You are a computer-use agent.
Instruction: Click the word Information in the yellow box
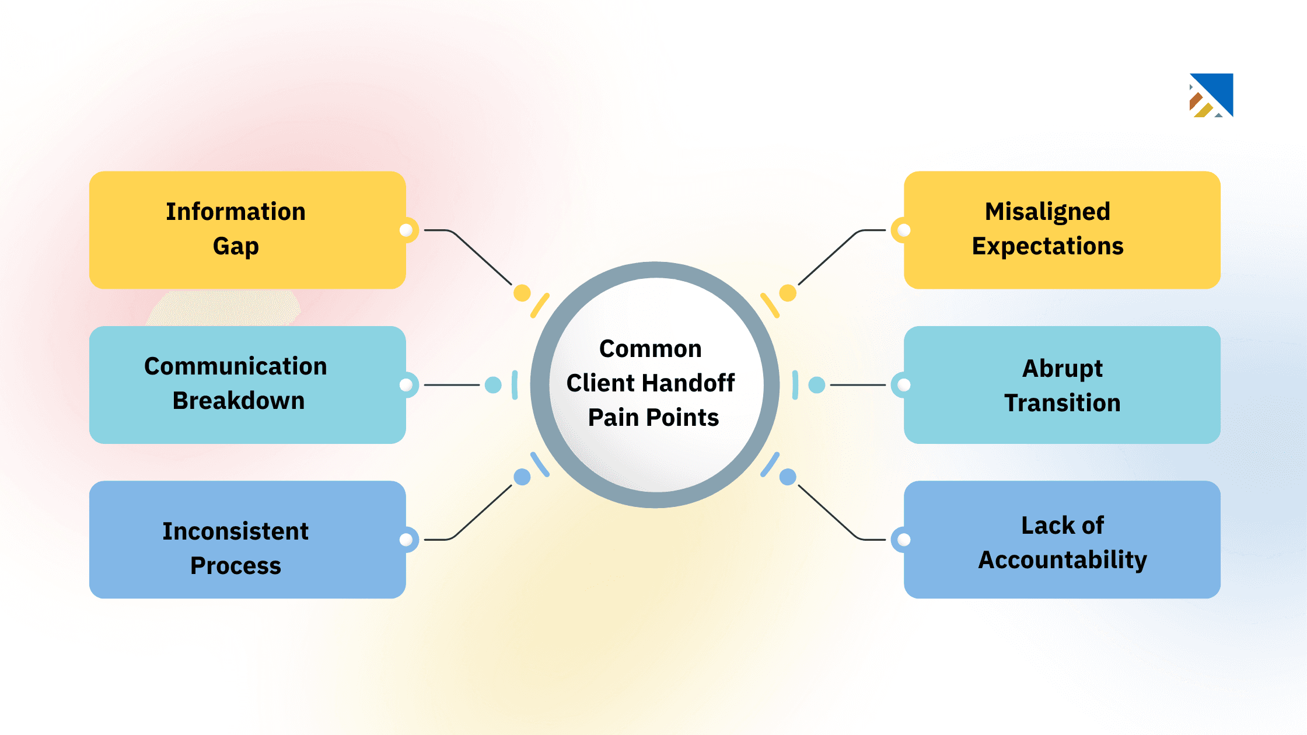pos(235,212)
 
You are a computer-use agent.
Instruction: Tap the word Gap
pos(235,246)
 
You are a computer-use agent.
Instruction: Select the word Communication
pos(235,366)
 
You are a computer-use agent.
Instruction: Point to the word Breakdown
pos(238,401)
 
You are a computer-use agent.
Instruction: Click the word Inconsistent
pos(235,531)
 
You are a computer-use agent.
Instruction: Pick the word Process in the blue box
pos(235,566)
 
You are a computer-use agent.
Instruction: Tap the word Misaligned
pos(1047,212)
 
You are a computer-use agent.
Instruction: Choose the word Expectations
pos(1047,246)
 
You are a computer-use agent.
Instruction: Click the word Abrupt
pos(1062,369)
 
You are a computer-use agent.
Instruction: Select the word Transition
pos(1062,403)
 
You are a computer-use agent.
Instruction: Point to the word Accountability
pos(1062,560)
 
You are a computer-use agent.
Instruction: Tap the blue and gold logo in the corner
pos(1211,95)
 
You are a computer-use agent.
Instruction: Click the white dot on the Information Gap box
pos(406,230)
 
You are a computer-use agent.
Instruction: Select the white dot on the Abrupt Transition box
pos(904,385)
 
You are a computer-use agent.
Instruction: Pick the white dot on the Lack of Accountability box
pos(904,540)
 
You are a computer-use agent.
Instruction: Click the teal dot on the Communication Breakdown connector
pos(493,385)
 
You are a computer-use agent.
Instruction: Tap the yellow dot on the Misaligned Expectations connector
pos(788,293)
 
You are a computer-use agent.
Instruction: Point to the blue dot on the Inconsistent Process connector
pos(522,477)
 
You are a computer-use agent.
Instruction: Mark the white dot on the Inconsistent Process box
pos(406,540)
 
